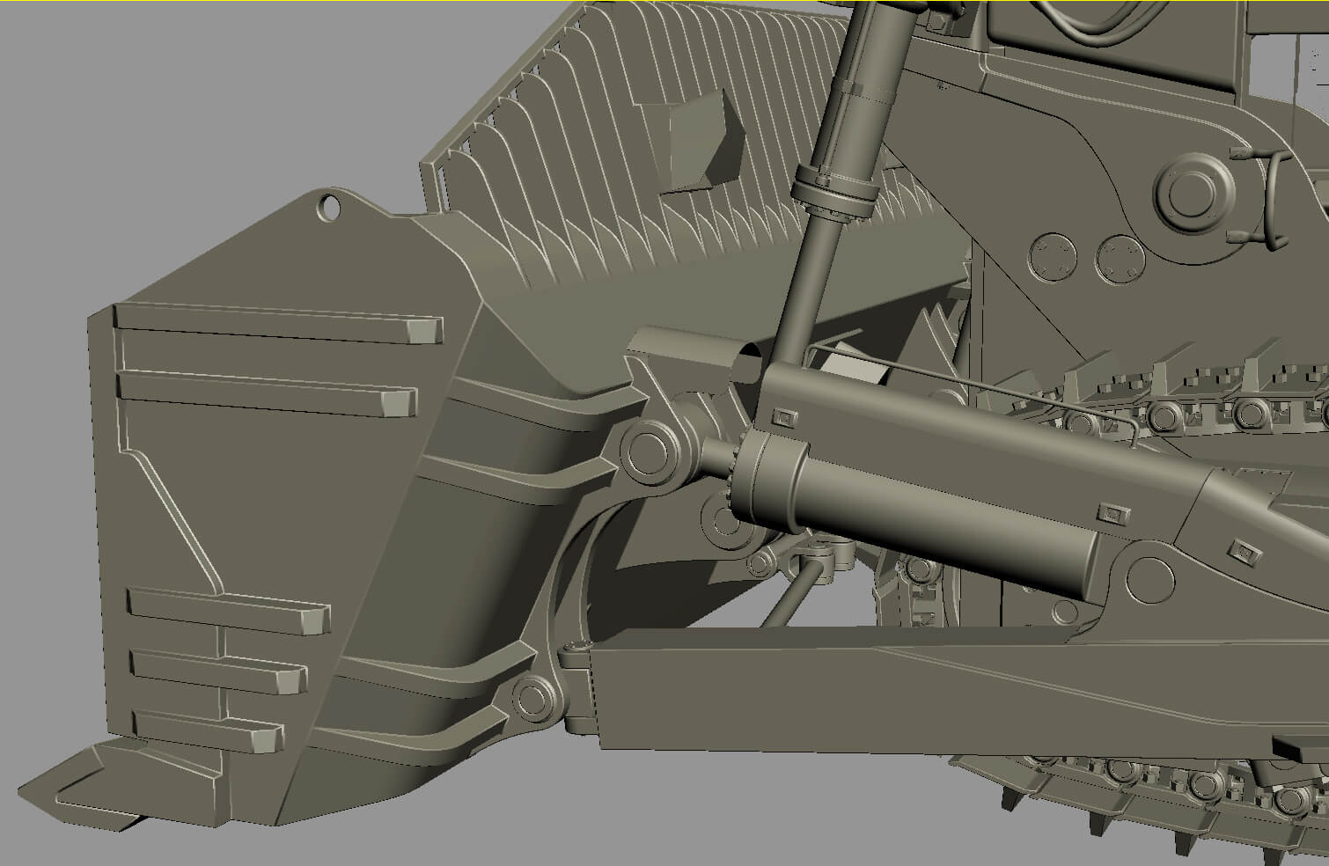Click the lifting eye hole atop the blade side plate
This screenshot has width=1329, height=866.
[x=330, y=208]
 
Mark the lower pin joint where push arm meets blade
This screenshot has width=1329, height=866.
[x=532, y=697]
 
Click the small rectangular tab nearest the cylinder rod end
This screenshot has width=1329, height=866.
[x=781, y=416]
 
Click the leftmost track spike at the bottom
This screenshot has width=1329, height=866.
[x=1008, y=798]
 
